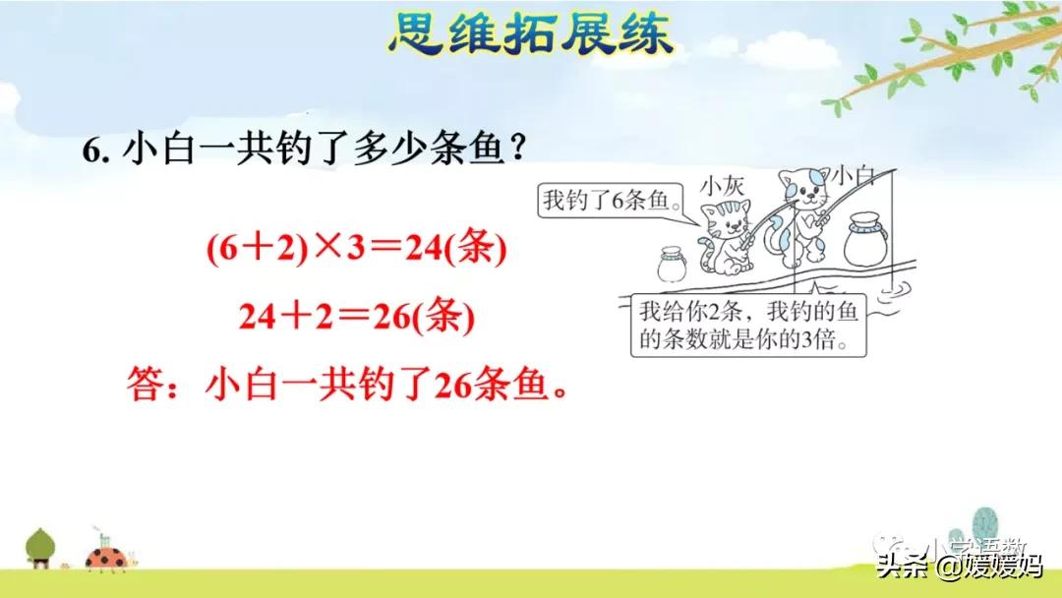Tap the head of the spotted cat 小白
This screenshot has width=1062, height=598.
pos(802,188)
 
